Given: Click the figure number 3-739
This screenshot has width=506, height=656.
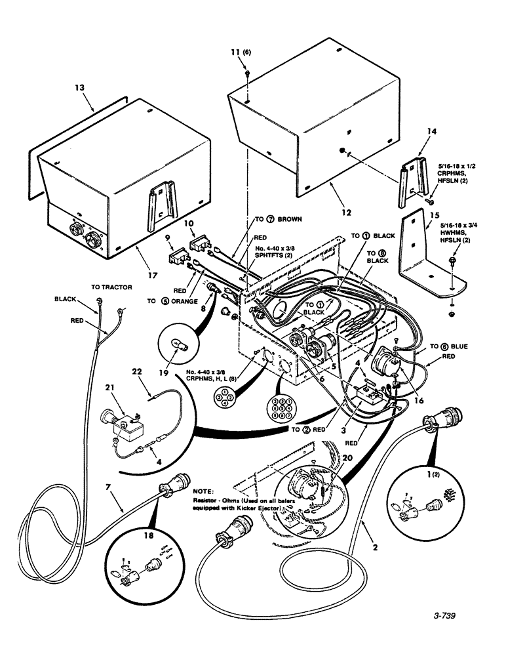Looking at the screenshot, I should coord(443,616).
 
